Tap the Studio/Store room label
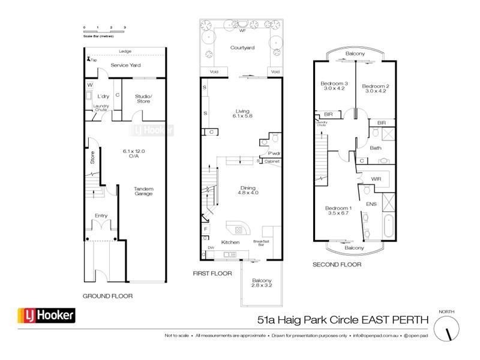143,98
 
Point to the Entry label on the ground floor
100,216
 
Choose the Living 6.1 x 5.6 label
242,114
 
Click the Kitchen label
230,242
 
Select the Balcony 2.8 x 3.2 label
262,284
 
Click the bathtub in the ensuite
388,225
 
